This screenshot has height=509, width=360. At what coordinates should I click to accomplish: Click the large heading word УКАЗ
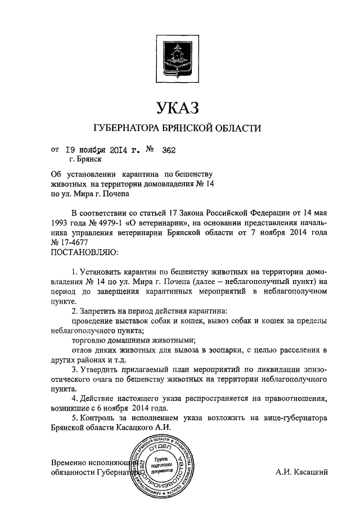tap(179, 106)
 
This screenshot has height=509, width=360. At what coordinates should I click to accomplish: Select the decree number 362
tap(169, 150)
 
